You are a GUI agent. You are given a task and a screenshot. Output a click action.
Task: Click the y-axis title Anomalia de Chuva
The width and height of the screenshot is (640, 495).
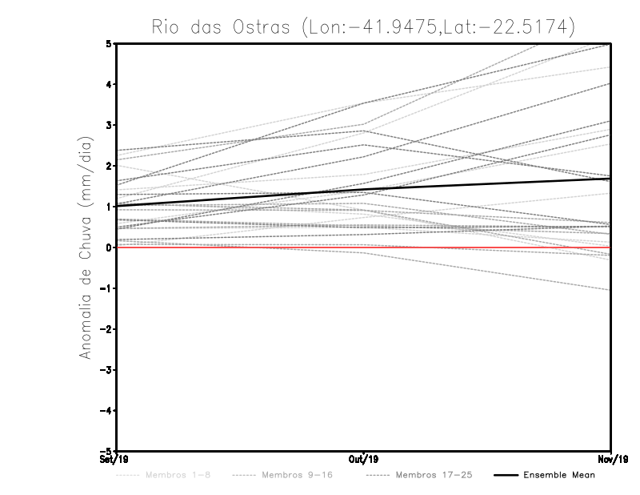pos(86,247)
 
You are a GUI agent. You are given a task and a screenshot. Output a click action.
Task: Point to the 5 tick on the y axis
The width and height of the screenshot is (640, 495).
pos(109,43)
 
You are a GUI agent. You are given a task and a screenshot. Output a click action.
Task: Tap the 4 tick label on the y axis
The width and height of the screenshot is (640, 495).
pos(109,84)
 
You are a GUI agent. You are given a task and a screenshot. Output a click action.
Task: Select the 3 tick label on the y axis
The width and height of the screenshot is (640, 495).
pos(109,125)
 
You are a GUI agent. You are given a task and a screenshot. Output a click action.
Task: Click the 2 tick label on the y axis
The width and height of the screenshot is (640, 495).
pos(109,166)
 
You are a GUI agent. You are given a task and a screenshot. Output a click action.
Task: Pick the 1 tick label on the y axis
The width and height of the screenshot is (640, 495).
pos(109,207)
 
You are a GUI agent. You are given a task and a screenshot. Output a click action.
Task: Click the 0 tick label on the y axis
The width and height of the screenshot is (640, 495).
pos(109,247)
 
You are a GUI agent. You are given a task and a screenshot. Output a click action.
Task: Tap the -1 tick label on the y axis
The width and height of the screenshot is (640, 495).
pos(106,288)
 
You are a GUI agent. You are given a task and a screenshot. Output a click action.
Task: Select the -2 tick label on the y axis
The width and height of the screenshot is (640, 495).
pos(106,329)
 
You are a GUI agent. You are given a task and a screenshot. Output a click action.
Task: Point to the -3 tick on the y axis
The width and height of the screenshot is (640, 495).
pos(106,370)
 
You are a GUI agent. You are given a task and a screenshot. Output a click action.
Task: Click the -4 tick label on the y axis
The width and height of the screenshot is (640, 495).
pos(106,411)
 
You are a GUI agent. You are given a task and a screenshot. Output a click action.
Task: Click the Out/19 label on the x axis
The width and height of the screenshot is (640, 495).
pos(363,459)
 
